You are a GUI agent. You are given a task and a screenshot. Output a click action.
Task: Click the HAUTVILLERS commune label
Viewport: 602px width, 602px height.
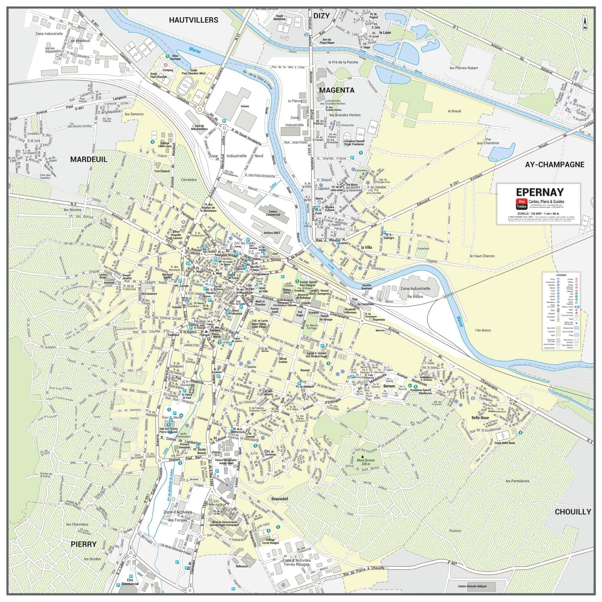tap(193, 20)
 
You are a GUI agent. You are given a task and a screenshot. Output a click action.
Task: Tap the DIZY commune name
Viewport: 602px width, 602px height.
tap(321, 16)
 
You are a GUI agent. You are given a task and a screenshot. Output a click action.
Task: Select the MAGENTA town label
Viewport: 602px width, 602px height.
tap(337, 90)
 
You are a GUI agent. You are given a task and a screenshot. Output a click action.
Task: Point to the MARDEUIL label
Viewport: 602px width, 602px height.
tap(89, 159)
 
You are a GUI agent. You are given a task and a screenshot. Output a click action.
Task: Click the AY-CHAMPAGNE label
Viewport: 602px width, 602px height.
tap(555, 165)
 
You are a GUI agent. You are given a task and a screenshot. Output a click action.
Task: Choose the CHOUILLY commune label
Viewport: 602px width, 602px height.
tap(573, 512)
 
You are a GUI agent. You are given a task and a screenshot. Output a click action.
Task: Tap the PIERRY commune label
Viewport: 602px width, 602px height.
tap(83, 544)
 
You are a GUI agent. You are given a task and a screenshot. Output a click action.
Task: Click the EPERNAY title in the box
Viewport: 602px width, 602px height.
tap(540, 192)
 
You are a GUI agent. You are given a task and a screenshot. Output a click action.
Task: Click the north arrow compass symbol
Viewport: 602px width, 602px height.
tap(585, 24)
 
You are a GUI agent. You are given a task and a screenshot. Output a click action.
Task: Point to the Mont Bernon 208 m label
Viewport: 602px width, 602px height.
tap(366, 462)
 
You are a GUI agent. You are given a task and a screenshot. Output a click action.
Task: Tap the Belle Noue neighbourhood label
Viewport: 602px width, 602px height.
tap(480, 418)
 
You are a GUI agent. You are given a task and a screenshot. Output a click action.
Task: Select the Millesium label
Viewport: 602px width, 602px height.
tap(242, 566)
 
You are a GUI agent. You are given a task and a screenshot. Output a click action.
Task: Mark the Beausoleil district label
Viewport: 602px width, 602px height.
tap(280, 498)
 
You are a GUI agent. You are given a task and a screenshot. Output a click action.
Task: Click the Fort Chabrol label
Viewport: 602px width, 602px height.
tap(162, 171)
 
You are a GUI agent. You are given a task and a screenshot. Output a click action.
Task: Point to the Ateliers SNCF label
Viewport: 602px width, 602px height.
tap(272, 233)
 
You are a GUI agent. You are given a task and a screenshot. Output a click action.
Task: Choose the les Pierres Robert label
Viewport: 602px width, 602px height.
tap(464, 68)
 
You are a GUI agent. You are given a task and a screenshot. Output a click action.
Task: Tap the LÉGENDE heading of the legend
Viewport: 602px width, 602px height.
tap(561, 275)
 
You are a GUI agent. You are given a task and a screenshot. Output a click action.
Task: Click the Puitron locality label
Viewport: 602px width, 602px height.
tap(455, 531)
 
